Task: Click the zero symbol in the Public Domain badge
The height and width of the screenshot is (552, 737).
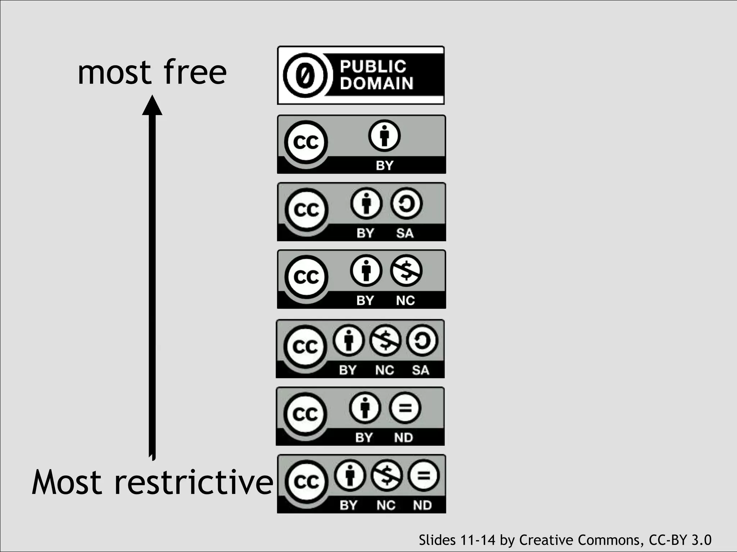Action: [x=305, y=75]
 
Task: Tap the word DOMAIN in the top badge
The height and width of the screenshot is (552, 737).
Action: [x=376, y=83]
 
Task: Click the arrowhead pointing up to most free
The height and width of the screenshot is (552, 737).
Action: [x=152, y=105]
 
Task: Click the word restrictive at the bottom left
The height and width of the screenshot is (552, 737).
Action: [x=194, y=482]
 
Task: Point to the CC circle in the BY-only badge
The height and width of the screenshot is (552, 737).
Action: [x=306, y=142]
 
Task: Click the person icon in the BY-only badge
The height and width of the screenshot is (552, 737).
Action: [x=384, y=136]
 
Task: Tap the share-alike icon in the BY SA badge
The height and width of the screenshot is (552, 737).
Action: [x=406, y=204]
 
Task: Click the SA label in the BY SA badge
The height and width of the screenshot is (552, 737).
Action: [x=405, y=233]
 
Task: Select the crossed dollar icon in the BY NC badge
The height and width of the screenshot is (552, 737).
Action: [x=406, y=271]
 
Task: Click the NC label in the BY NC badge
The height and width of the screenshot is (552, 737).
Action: [x=405, y=300]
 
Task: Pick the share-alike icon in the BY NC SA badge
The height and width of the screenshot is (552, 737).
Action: [x=422, y=340]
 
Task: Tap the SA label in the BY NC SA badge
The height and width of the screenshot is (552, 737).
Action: [x=421, y=370]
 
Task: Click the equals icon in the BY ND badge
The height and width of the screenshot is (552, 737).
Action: [x=405, y=408]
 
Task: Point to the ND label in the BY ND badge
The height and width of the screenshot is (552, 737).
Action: [x=403, y=438]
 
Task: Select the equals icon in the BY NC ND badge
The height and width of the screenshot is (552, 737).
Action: [x=424, y=476]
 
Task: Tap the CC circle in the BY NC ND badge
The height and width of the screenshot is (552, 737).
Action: [x=307, y=482]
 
